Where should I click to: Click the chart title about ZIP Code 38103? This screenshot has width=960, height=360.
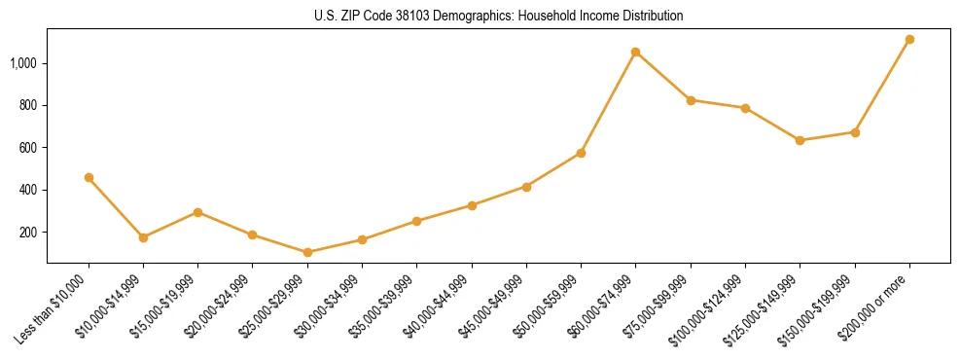(498, 16)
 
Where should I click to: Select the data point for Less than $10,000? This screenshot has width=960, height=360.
(89, 177)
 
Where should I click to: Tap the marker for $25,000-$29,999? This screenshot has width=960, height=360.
(307, 252)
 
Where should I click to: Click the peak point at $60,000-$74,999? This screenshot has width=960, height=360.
(635, 52)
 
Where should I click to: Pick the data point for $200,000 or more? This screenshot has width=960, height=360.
(909, 39)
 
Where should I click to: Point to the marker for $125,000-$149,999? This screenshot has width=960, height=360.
(800, 140)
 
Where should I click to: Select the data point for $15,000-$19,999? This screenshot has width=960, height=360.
(197, 211)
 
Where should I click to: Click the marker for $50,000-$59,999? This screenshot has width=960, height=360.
(581, 153)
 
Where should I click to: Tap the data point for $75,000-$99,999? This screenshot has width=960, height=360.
(691, 99)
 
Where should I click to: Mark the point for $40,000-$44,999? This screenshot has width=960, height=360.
(472, 205)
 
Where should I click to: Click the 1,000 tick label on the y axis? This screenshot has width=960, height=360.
(24, 63)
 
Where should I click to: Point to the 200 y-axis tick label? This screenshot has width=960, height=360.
(28, 233)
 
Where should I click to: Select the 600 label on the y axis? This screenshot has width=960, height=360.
(28, 148)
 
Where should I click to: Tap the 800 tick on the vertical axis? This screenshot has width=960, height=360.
(28, 105)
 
